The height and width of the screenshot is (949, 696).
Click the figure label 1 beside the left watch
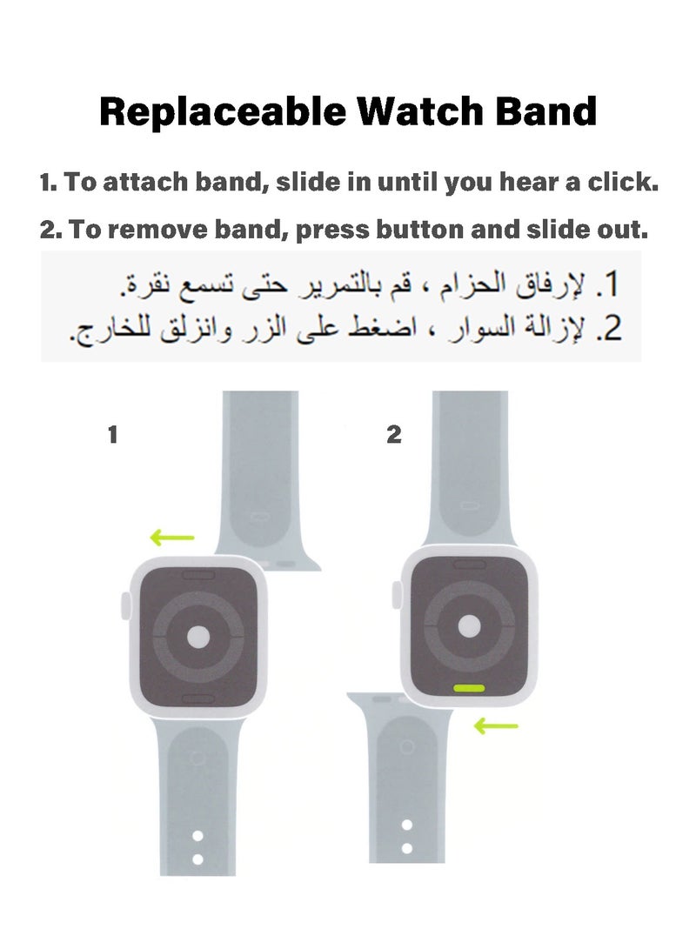pyautogui.click(x=112, y=435)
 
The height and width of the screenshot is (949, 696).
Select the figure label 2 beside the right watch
pyautogui.click(x=394, y=435)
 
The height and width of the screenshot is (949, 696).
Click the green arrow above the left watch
pyautogui.click(x=172, y=538)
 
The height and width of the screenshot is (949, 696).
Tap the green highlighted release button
pyautogui.click(x=468, y=687)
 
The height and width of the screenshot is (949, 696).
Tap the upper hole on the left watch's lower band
pyautogui.click(x=197, y=835)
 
